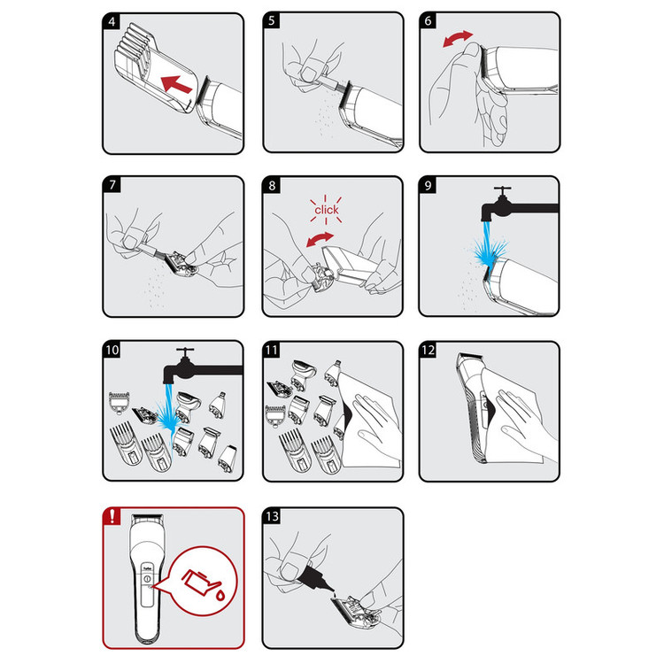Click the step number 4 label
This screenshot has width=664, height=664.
[112, 21]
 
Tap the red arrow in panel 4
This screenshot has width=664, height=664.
[177, 84]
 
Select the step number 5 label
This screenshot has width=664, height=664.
[272, 20]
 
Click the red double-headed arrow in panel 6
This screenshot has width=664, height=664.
[458, 38]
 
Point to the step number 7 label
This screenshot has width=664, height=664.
[112, 185]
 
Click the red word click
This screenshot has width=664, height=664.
[326, 210]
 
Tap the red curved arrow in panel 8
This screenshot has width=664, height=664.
[320, 239]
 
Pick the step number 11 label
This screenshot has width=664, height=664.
[272, 350]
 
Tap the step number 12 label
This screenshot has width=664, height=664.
[429, 350]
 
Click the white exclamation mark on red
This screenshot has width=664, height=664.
[112, 516]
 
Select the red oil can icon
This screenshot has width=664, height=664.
[200, 581]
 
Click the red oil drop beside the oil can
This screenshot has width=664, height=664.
[220, 595]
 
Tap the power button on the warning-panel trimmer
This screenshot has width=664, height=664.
[147, 578]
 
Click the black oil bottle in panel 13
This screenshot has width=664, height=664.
[314, 577]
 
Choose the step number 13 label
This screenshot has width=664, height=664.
[272, 516]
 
